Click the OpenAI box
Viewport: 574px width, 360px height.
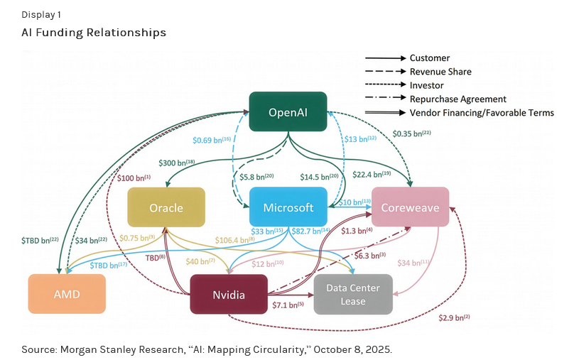(288, 111)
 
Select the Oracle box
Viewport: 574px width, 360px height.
(166, 207)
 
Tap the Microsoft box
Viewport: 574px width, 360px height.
(288, 207)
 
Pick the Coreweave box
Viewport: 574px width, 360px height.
(410, 207)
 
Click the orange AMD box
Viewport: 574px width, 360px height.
(66, 294)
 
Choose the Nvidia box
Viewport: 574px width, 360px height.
(228, 294)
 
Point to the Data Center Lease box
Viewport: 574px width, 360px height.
(353, 294)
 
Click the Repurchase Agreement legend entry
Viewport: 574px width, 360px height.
(457, 99)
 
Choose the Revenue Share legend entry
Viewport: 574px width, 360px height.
(440, 72)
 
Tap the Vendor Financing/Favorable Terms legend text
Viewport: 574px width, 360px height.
(482, 112)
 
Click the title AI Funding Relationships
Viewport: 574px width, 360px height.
(94, 33)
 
